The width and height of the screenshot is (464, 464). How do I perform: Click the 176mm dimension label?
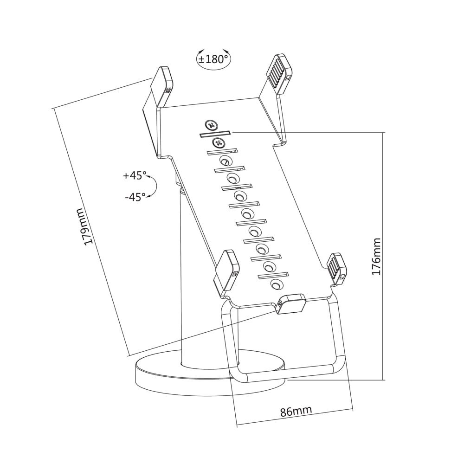tap(376, 257)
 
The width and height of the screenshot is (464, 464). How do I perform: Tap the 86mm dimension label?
tap(296, 411)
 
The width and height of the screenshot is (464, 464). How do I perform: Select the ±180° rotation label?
tap(214, 59)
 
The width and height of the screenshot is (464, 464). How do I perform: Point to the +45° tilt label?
tap(135, 175)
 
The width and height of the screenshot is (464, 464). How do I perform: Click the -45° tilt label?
tap(135, 196)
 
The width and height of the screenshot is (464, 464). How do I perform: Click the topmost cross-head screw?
tap(211, 126)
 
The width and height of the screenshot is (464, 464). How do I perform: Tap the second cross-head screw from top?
tap(219, 143)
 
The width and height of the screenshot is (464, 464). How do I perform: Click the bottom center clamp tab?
tap(290, 303)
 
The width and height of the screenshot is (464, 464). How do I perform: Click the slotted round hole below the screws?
tap(226, 161)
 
